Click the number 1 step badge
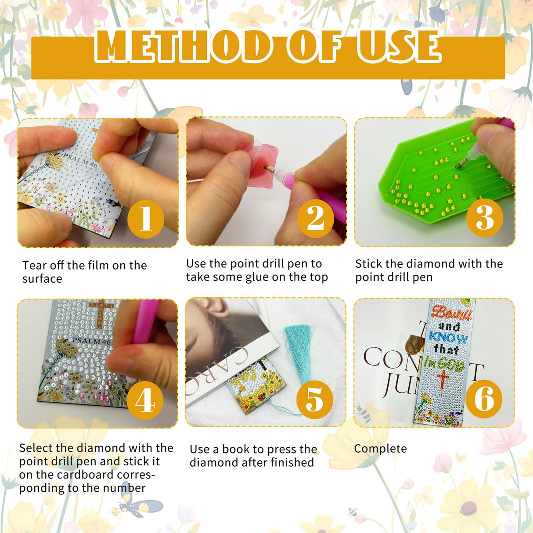[146, 219]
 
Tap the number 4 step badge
[145, 400]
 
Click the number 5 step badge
[314, 400]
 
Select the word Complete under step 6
[380, 449]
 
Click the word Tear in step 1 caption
[34, 266]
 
